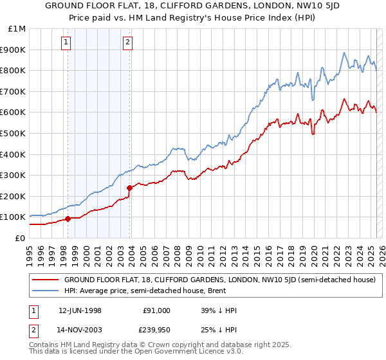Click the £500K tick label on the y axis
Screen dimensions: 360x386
click(13, 133)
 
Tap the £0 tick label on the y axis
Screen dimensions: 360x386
click(20, 238)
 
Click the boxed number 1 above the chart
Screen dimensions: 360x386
click(67, 43)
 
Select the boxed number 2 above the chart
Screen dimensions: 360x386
click(128, 43)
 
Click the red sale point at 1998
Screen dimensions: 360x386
click(68, 219)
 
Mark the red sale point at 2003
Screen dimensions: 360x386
click(130, 188)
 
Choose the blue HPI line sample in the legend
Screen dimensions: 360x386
click(44, 290)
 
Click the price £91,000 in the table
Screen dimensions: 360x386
click(156, 310)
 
